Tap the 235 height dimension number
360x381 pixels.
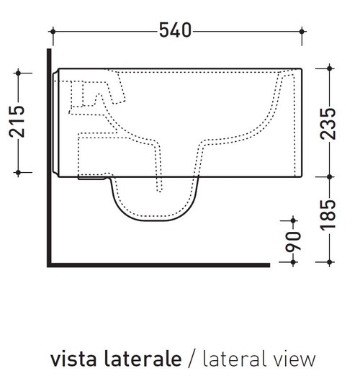[x=329, y=122]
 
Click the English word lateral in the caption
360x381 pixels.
[x=230, y=358]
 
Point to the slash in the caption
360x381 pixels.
[x=192, y=359]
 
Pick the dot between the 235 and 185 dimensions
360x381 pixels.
[x=329, y=176]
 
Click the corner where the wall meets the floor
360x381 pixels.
[x=49, y=264]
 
